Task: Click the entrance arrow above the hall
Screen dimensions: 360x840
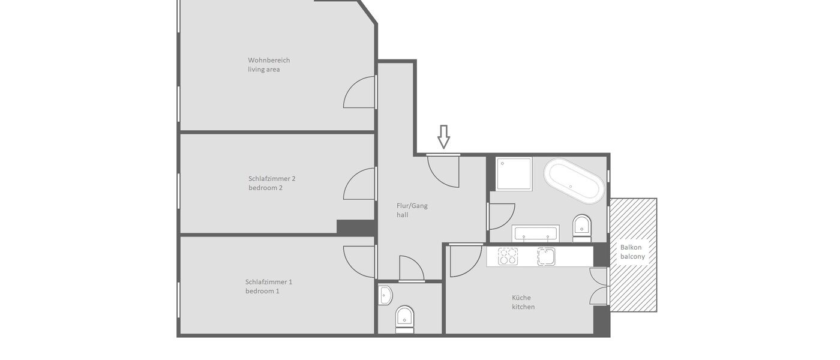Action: [x=443, y=136]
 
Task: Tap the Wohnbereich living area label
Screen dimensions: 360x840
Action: [x=269, y=65]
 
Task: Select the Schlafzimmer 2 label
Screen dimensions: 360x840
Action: [x=272, y=183]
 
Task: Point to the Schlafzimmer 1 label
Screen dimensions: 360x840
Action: [x=269, y=286]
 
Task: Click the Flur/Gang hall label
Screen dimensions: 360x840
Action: [x=412, y=210]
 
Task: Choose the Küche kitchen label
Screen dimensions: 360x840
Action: [x=523, y=302]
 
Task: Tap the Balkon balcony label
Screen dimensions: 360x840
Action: [x=632, y=252]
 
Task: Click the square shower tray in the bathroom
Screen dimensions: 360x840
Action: [x=514, y=173]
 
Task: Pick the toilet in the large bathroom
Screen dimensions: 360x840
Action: [x=582, y=227]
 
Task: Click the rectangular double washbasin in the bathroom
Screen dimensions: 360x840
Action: [x=536, y=233]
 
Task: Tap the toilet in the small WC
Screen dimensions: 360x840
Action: [x=404, y=318]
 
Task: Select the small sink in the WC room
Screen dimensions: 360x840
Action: [x=386, y=295]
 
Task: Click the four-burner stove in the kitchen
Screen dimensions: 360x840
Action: [x=508, y=256]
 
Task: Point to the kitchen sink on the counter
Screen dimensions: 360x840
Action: [x=546, y=256]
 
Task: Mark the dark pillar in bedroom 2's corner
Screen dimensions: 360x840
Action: [x=356, y=227]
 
